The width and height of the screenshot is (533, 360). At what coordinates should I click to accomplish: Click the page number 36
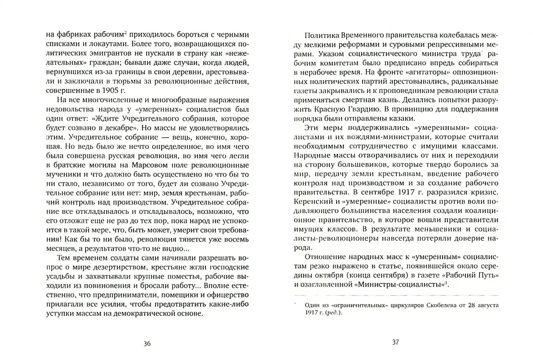coord(147,344)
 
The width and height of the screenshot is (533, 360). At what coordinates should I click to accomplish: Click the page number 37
coord(395,342)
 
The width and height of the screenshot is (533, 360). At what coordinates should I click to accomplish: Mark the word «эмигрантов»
coord(105,53)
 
